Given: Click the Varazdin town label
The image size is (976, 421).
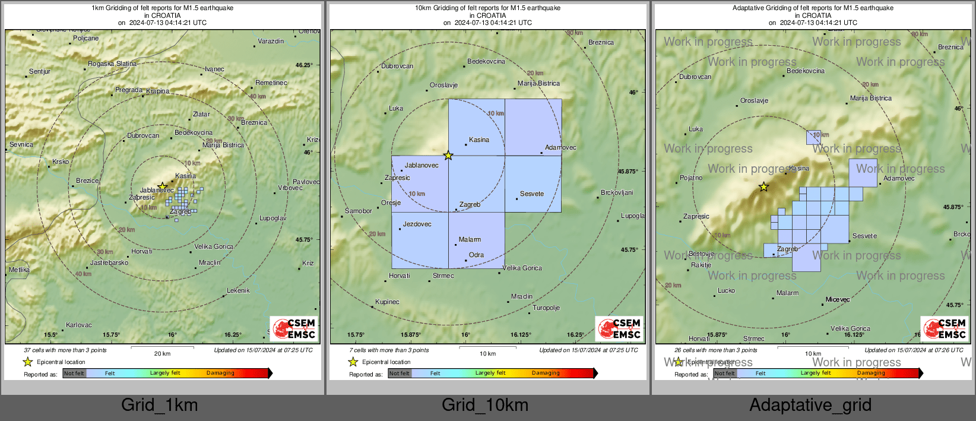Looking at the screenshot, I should [x=271, y=42].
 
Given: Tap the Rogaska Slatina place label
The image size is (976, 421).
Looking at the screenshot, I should [x=112, y=64].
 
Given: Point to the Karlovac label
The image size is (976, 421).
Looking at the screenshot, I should [x=79, y=325].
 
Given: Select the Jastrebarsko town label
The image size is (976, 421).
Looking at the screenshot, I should [x=109, y=262].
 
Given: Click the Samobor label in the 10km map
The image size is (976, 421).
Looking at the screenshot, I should [x=359, y=211].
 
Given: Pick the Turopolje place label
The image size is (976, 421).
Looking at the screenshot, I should [x=546, y=308].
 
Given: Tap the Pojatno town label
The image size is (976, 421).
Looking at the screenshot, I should [x=691, y=178].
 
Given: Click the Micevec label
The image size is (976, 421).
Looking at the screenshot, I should [x=838, y=299].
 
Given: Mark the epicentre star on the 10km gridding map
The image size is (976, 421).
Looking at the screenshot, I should [x=448, y=156].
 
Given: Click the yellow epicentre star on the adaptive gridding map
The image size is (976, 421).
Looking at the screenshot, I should [x=764, y=187].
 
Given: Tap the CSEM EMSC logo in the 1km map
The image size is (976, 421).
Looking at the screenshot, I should [x=294, y=328].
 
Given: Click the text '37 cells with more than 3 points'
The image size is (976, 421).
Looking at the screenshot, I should [x=65, y=350].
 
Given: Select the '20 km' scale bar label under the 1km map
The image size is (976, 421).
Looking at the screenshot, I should [x=162, y=354].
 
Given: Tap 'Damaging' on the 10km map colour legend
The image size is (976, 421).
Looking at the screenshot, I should [x=546, y=373].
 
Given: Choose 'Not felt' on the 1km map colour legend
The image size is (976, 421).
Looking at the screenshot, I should [x=74, y=373].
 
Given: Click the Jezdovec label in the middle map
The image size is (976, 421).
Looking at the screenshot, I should [x=417, y=224].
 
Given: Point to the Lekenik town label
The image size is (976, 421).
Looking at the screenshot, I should [x=238, y=290].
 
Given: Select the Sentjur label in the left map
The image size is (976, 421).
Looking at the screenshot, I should [x=40, y=71].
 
